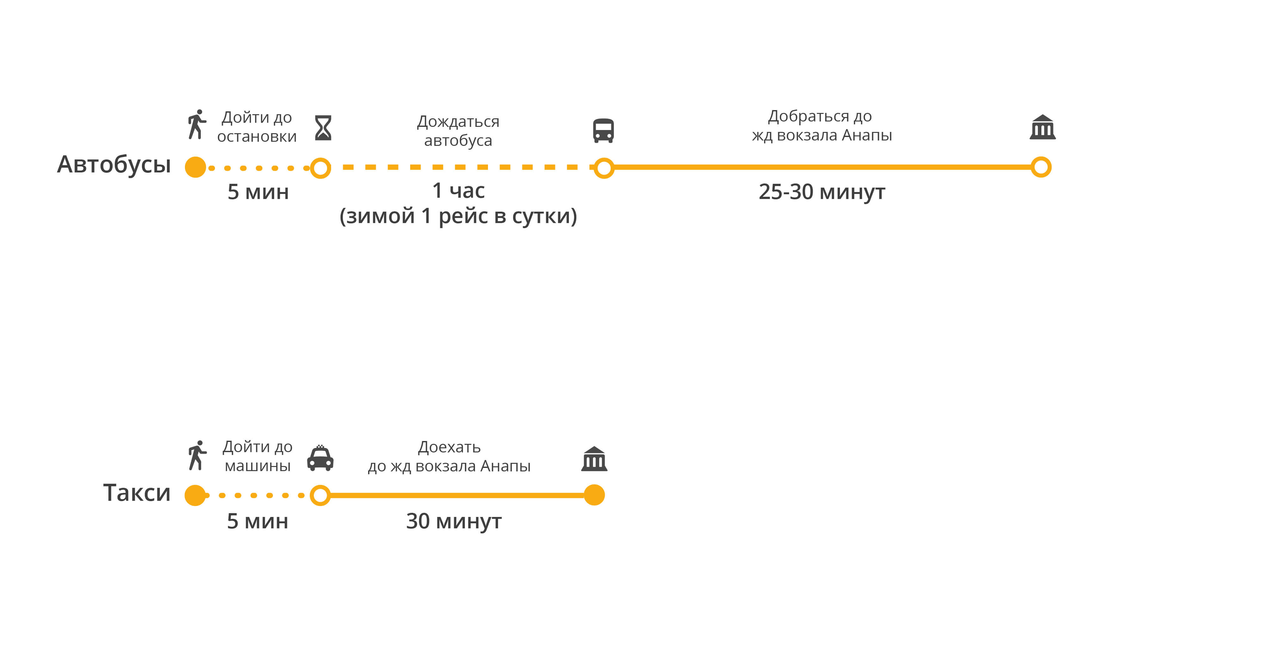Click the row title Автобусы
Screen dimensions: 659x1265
(x=114, y=164)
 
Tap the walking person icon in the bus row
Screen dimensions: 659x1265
(x=197, y=124)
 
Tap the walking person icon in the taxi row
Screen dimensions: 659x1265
(x=197, y=456)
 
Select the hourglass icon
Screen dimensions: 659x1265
(x=323, y=128)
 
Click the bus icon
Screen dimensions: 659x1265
(x=603, y=130)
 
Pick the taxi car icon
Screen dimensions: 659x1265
(x=320, y=458)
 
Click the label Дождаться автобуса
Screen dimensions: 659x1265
(x=458, y=131)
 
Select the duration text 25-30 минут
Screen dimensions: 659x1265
(x=822, y=192)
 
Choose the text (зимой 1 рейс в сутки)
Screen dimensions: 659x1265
(x=458, y=216)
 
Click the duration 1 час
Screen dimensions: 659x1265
(x=458, y=191)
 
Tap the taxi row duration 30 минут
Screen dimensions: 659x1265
(x=454, y=521)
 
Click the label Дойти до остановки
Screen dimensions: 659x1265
(x=257, y=127)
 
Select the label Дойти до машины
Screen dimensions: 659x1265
(x=257, y=456)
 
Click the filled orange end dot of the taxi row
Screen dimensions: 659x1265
(x=594, y=495)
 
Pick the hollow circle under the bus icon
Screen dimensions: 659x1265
(x=604, y=168)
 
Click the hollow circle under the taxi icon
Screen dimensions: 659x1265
(x=320, y=495)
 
